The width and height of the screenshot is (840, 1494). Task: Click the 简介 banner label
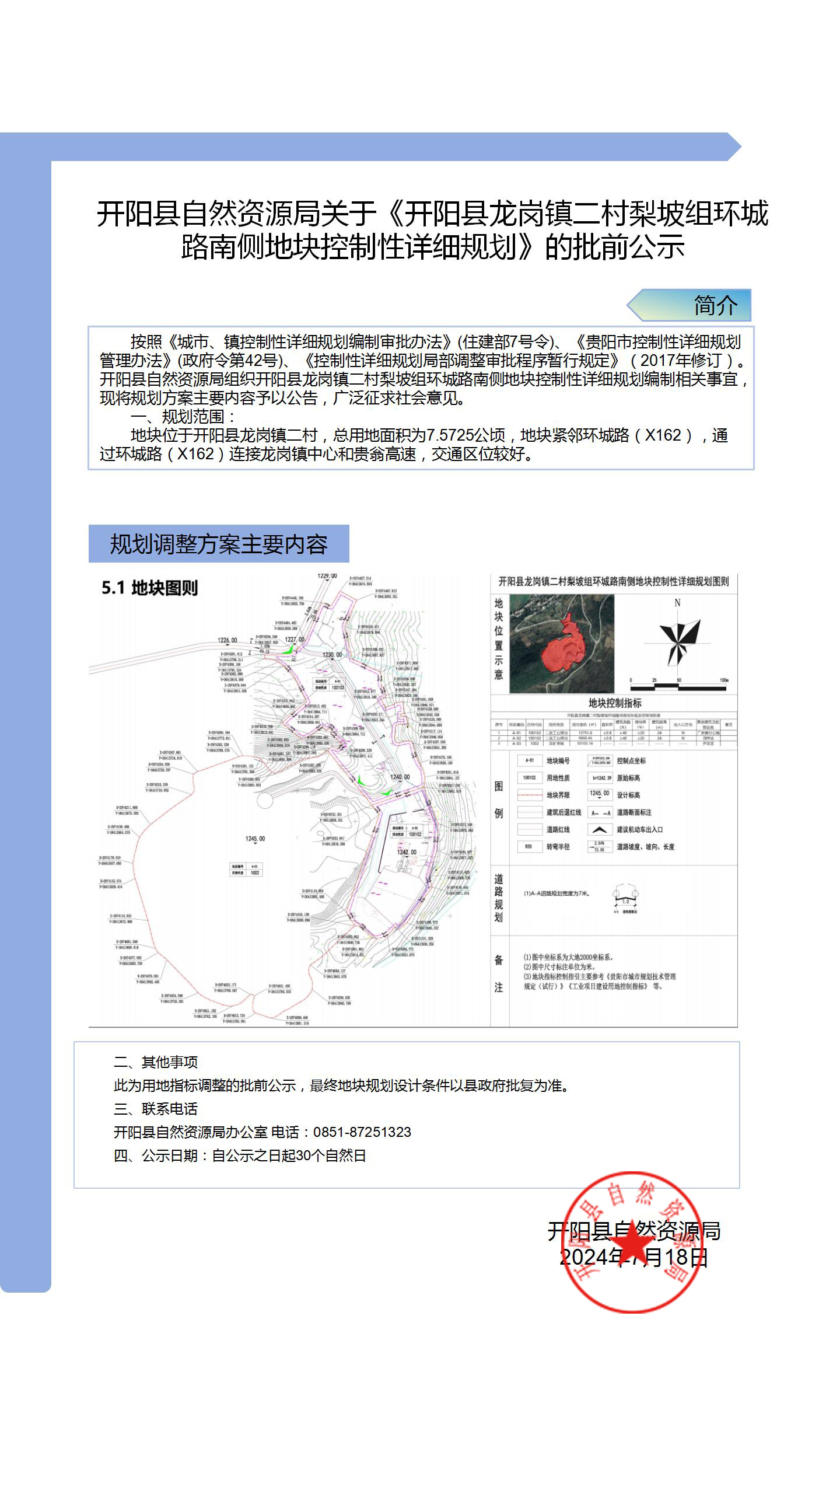[715, 305]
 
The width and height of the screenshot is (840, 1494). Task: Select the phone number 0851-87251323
[362, 1132]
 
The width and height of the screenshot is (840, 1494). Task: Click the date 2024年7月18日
[633, 1256]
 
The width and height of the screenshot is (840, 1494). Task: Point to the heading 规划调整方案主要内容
[219, 544]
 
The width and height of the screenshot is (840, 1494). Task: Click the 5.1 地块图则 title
[150, 588]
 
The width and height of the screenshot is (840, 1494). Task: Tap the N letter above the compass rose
[677, 603]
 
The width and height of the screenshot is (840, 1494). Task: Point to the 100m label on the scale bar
[724, 680]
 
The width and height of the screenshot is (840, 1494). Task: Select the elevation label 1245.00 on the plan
[255, 839]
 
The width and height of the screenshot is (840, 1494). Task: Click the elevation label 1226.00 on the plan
[228, 640]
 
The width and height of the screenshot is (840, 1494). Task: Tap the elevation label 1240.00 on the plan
[400, 777]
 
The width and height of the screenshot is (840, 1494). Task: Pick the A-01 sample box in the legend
[529, 760]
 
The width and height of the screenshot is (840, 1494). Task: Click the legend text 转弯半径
[558, 847]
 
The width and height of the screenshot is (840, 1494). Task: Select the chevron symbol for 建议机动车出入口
[599, 829]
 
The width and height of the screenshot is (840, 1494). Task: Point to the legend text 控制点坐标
[631, 760]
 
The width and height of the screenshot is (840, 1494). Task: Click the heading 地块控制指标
[615, 703]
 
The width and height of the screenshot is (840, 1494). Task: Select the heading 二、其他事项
[156, 1062]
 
